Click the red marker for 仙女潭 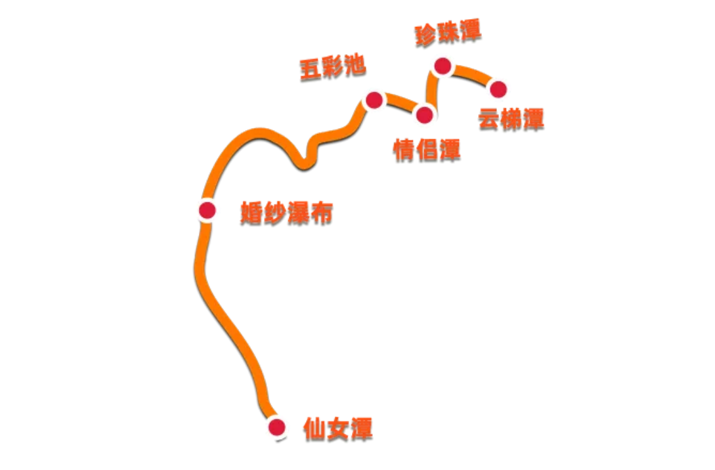(x=277, y=427)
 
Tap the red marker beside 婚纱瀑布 (x=207, y=211)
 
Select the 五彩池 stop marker (x=374, y=100)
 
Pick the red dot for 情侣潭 (x=425, y=116)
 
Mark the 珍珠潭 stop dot (x=443, y=66)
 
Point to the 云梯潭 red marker (x=498, y=89)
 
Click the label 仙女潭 (x=337, y=429)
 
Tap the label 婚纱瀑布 (x=286, y=213)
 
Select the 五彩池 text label (x=332, y=67)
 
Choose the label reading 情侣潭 (x=427, y=150)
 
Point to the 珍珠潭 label (x=448, y=33)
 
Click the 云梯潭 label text (x=511, y=119)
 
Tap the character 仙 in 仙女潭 (x=314, y=429)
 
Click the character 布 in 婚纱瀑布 (x=322, y=213)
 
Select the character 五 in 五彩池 (x=310, y=70)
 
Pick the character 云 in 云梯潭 (x=489, y=119)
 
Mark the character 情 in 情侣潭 (x=404, y=150)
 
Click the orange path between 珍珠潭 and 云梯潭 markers (x=471, y=74)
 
